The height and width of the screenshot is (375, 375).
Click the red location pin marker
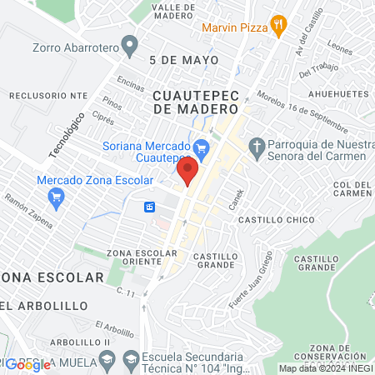(x=187, y=171)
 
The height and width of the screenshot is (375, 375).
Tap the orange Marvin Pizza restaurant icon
(x=279, y=26)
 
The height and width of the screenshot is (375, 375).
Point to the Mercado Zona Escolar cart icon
(x=57, y=197)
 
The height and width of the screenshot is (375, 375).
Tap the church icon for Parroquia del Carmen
(x=257, y=148)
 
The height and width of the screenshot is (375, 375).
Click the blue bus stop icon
(x=150, y=207)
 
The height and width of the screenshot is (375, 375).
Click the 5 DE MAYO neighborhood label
(x=177, y=61)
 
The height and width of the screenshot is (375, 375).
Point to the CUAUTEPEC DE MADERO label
(x=196, y=102)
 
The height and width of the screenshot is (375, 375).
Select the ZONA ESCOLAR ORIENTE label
(x=142, y=257)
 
